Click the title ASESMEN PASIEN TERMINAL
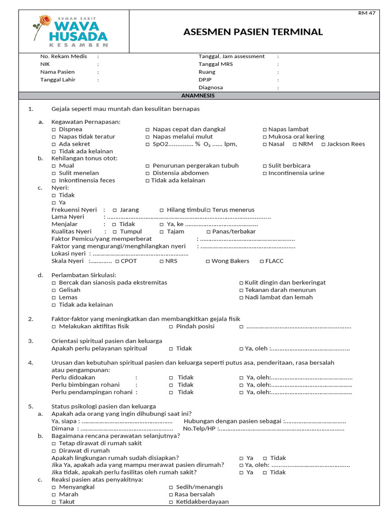point(253,32)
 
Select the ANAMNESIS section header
point(198,96)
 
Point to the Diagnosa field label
point(211,88)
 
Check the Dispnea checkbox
point(54,129)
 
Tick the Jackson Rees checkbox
point(323,144)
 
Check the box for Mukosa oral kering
point(265,137)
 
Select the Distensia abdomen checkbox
point(148,174)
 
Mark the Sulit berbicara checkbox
point(265,166)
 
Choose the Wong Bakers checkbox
point(208,262)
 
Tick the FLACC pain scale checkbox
point(261,262)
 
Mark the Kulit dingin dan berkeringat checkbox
point(241,283)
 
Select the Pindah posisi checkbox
point(171,327)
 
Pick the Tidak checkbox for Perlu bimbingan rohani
point(171,385)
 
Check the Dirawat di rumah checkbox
point(54,451)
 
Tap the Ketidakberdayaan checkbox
point(171,502)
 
